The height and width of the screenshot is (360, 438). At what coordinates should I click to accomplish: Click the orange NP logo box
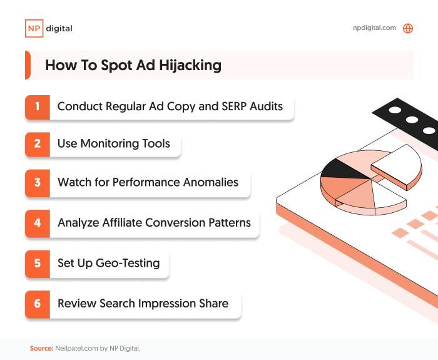(x=33, y=28)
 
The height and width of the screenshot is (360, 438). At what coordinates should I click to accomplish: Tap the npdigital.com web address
(x=374, y=28)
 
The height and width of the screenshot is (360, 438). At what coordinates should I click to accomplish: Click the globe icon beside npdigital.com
(x=408, y=28)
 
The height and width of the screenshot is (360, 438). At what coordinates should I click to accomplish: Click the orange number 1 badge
(x=37, y=106)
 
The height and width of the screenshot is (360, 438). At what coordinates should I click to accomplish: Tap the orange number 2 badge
(x=37, y=144)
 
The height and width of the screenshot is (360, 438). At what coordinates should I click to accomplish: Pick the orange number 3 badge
(x=37, y=183)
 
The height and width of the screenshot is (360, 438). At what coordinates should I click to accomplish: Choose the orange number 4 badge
(x=37, y=223)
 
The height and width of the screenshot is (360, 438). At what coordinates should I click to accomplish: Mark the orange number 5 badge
(x=37, y=263)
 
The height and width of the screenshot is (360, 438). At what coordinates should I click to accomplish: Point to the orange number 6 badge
(x=37, y=304)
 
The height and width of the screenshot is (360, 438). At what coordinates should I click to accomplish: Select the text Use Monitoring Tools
(x=113, y=144)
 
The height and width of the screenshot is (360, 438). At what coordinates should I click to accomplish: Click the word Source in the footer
(x=41, y=348)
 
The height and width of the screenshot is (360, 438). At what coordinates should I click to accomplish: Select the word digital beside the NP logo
(x=59, y=28)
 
